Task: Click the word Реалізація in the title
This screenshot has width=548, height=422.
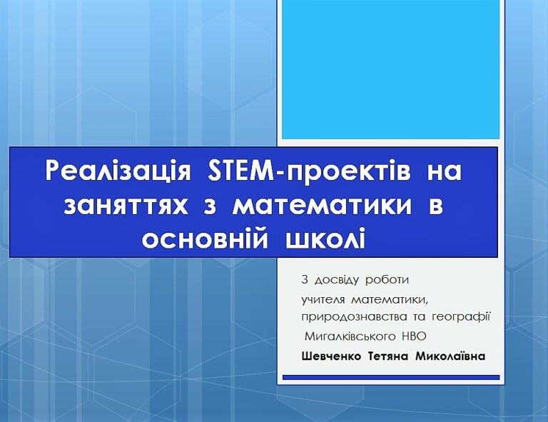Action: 118,171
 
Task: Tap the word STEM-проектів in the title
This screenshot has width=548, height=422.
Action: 308,171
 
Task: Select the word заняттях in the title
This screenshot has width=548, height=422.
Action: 126,205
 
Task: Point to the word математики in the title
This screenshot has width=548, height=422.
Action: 322,205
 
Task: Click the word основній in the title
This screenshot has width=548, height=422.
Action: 205,238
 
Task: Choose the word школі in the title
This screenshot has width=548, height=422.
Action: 325,238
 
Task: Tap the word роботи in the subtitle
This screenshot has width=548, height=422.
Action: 387,281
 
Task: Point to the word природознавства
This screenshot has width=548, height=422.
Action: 354,318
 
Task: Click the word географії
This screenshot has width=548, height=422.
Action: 461,317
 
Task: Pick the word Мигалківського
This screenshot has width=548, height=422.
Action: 350,336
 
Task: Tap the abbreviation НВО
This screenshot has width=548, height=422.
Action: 414,336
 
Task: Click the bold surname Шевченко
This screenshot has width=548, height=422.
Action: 331,356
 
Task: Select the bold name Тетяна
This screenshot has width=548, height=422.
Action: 388,356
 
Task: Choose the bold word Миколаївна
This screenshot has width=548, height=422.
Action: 450,356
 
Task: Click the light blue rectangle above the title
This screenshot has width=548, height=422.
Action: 391,69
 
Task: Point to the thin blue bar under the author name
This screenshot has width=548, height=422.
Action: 391,377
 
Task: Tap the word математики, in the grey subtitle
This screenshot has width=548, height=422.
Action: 390,300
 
